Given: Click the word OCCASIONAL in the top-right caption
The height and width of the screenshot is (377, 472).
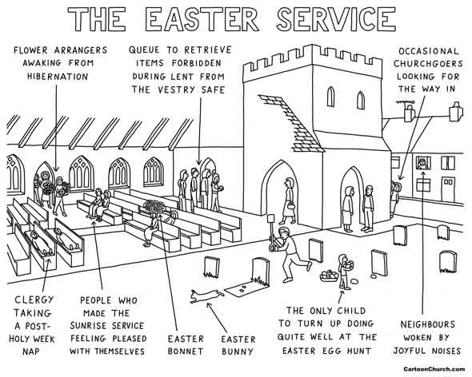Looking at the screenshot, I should tap(427, 50).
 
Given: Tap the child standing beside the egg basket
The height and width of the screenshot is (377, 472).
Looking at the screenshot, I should tap(344, 270).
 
